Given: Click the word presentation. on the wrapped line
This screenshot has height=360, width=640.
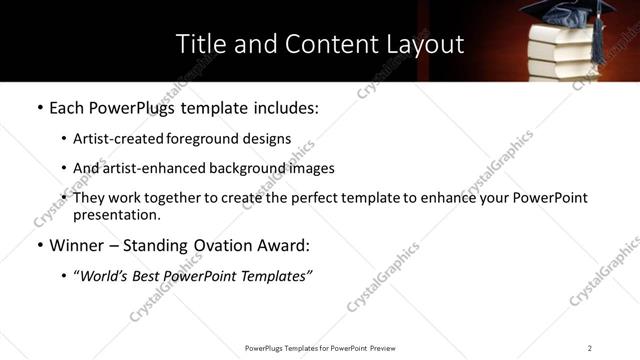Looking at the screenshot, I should (x=116, y=214).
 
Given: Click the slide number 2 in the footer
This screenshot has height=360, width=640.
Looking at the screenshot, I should (x=590, y=348).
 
